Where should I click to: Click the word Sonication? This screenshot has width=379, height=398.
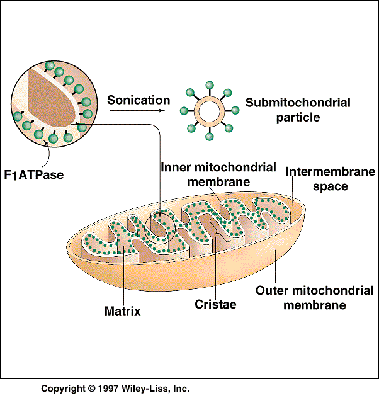(x=139, y=100)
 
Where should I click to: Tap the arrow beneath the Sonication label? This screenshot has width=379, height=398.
(x=137, y=110)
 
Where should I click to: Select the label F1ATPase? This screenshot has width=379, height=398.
(x=34, y=175)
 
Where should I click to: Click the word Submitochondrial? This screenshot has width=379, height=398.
(x=298, y=103)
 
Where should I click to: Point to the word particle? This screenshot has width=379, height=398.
(x=298, y=118)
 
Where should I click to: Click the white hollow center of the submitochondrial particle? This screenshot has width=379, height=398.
(x=210, y=111)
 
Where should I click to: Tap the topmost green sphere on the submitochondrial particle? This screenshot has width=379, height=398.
(x=210, y=86)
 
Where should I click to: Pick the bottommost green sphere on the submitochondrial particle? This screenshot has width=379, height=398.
(x=209, y=136)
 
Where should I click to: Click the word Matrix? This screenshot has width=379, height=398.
(x=123, y=311)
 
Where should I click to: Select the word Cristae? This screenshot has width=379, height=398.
(x=215, y=304)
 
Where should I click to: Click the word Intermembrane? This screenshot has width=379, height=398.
(x=331, y=172)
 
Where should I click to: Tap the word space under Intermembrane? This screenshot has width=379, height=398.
(x=331, y=187)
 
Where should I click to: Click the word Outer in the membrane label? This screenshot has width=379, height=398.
(x=272, y=291)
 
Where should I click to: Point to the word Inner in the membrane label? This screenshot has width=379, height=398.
(x=176, y=168)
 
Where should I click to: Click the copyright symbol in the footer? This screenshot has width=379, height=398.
(x=91, y=389)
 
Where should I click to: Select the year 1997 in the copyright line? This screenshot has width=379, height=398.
(x=108, y=389)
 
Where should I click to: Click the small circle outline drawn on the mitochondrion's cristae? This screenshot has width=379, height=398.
(x=145, y=229)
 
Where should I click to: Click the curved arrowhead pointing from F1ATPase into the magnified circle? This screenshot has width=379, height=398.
(x=46, y=143)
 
